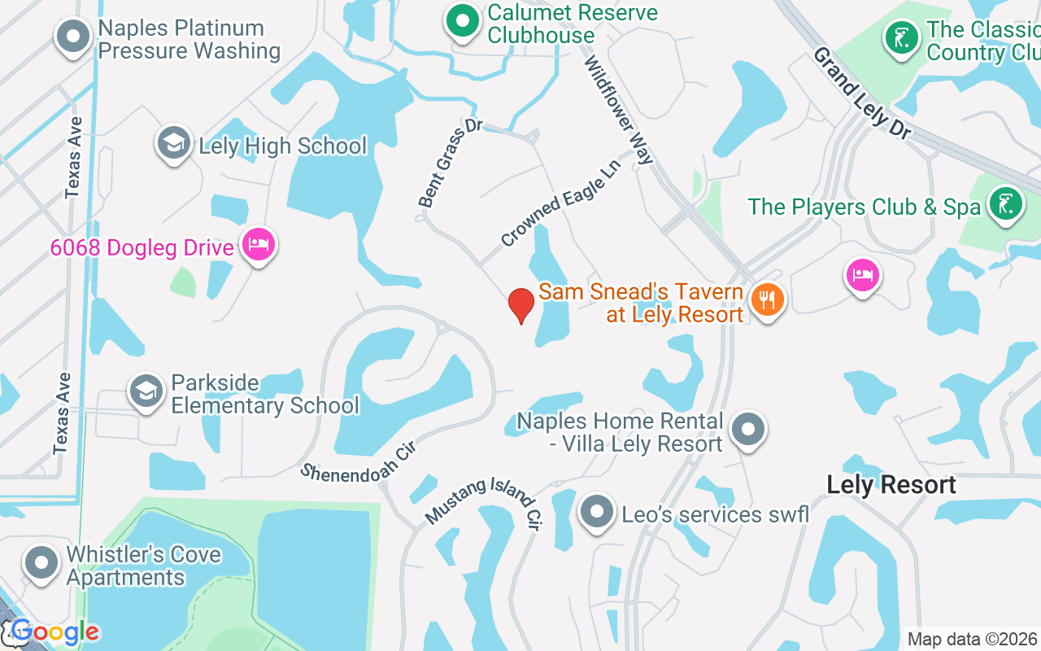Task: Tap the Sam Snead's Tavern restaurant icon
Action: click(x=766, y=300)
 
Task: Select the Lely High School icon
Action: click(x=173, y=144)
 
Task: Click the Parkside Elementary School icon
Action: click(x=146, y=392)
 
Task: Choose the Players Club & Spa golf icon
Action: click(x=1005, y=204)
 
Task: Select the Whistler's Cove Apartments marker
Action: click(x=41, y=563)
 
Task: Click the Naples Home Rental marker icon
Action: click(x=748, y=429)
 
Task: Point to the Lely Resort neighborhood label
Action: click(x=891, y=485)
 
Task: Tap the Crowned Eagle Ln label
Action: click(x=560, y=203)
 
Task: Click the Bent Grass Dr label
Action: click(x=450, y=163)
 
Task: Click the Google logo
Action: click(x=54, y=632)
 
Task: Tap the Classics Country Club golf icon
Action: click(x=901, y=37)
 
